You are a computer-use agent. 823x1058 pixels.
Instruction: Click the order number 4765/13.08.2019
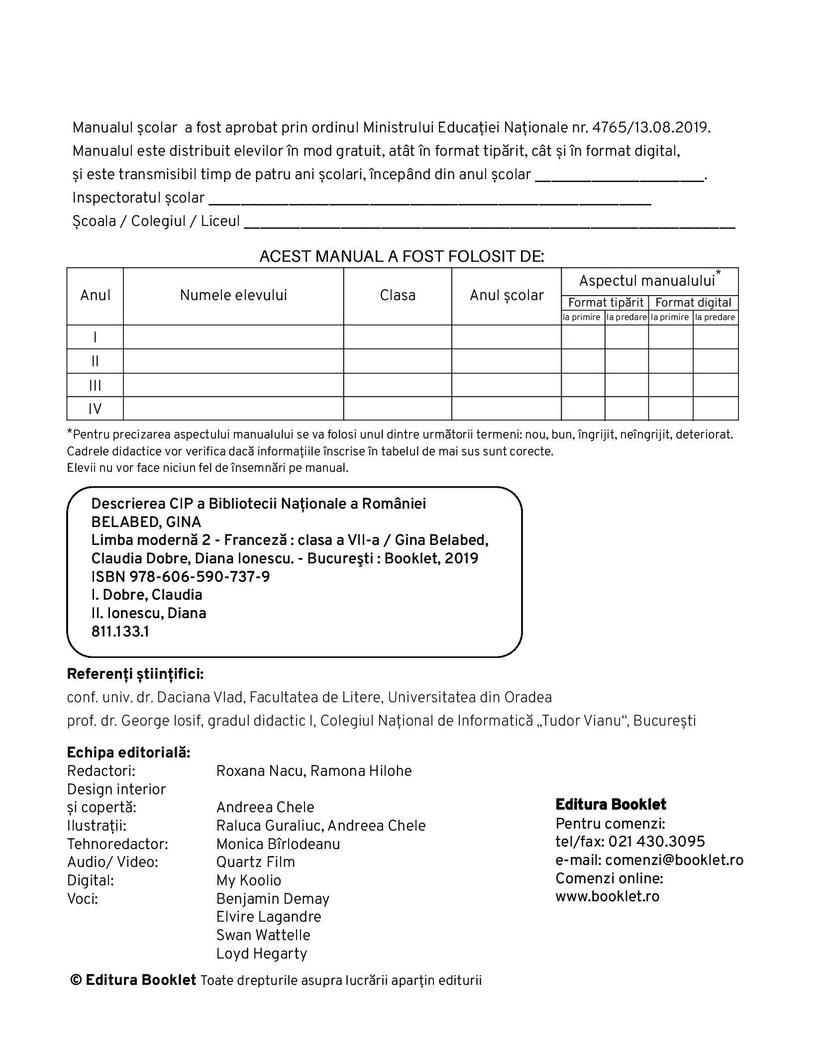(650, 128)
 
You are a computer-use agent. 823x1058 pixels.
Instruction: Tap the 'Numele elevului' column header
(233, 295)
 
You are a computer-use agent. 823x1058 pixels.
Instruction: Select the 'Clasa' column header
(398, 295)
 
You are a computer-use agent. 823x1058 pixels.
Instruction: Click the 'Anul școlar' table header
(507, 295)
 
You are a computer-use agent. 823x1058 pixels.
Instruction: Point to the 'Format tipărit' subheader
(606, 303)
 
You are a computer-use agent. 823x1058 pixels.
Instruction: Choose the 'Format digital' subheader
(693, 303)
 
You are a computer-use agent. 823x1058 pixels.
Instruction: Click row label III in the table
(95, 385)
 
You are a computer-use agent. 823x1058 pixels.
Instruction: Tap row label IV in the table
(95, 409)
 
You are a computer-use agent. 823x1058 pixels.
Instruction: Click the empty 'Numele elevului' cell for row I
(233, 337)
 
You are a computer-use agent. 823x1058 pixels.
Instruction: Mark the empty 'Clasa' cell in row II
(398, 361)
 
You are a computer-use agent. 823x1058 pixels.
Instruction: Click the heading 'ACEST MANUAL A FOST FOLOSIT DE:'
(402, 257)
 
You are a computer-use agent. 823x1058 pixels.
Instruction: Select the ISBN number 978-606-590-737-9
(200, 577)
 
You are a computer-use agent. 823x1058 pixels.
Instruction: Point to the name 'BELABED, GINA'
(146, 522)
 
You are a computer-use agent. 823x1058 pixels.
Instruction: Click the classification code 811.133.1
(120, 632)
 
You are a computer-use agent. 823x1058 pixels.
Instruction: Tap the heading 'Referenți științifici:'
(135, 674)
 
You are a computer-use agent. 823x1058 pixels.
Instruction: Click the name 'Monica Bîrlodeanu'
(278, 844)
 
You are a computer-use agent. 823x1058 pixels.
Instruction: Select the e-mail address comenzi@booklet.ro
(674, 860)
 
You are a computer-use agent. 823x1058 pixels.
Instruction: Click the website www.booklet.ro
(607, 896)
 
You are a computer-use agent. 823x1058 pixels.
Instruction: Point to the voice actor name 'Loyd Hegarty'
(262, 953)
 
